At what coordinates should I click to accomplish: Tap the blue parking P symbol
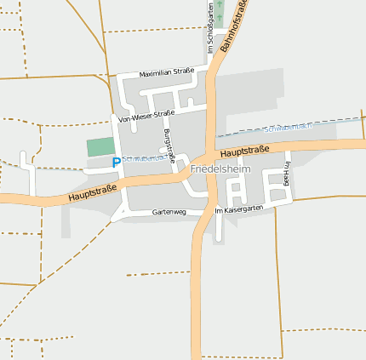pyautogui.click(x=117, y=162)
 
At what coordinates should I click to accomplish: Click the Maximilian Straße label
pyautogui.click(x=166, y=72)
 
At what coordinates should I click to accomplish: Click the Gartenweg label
pyautogui.click(x=169, y=211)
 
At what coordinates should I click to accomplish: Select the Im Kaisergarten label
pyautogui.click(x=240, y=209)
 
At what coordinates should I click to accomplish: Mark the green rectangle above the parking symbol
pyautogui.click(x=100, y=146)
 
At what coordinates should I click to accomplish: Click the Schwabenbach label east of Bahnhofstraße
pyautogui.click(x=289, y=127)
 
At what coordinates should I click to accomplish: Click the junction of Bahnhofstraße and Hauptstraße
pyautogui.click(x=208, y=158)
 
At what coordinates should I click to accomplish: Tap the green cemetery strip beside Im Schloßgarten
pyautogui.click(x=220, y=12)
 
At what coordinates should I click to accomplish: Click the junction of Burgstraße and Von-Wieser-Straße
pyautogui.click(x=159, y=111)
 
